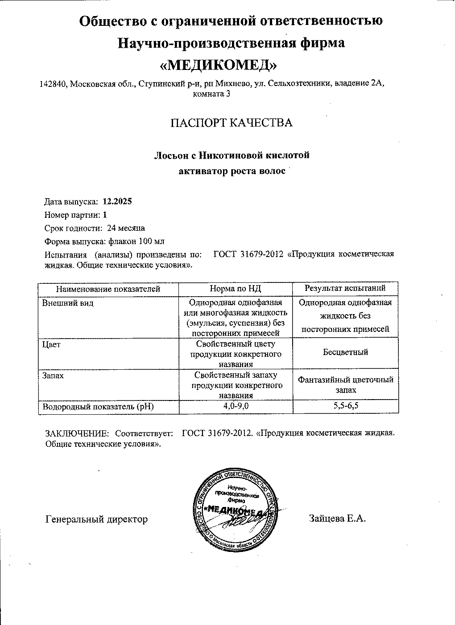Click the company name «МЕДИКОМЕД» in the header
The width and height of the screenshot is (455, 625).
(x=218, y=65)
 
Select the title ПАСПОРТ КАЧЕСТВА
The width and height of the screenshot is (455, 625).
(x=232, y=123)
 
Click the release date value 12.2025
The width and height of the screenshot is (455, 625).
(x=117, y=201)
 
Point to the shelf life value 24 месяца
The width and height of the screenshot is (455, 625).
(x=126, y=228)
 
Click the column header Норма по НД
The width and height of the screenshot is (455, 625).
(x=235, y=289)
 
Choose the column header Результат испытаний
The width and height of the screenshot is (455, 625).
(x=345, y=288)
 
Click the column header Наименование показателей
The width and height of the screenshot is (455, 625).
(x=108, y=289)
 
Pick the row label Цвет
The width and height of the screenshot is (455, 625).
(x=51, y=344)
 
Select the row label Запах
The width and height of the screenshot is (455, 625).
(x=53, y=376)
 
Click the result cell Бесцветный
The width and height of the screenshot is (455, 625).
(x=345, y=352)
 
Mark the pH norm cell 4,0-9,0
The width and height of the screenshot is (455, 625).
(x=236, y=406)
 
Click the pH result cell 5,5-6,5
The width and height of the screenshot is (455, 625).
(x=345, y=406)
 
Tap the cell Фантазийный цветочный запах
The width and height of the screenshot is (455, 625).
(x=345, y=384)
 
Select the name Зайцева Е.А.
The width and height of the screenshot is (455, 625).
(x=337, y=518)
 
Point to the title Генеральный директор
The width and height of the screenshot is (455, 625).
(x=96, y=519)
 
